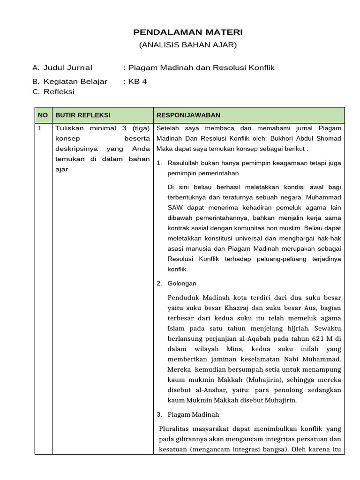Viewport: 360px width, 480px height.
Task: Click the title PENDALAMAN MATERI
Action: point(188,32)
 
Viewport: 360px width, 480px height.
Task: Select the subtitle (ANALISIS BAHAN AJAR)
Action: point(188,45)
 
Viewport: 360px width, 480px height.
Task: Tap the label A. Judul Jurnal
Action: point(63,68)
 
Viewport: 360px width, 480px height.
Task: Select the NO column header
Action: point(43,115)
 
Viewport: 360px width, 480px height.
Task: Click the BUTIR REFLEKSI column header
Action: point(83,115)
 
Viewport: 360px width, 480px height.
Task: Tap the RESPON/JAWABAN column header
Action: point(188,115)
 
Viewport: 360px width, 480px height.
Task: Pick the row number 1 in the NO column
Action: point(40,128)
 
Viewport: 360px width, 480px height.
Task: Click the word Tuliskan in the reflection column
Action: point(69,128)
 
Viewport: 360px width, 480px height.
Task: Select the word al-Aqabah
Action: point(254,338)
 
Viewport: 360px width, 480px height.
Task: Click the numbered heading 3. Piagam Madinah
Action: point(187,414)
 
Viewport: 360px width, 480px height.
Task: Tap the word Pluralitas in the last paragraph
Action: point(174,429)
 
